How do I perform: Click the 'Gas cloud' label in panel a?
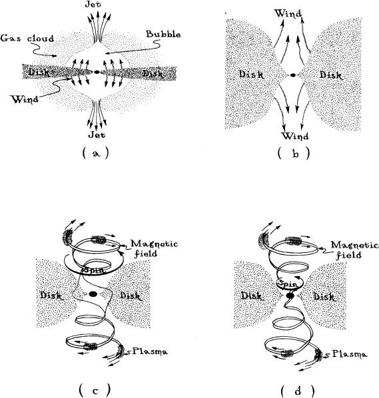pyautogui.click(x=27, y=38)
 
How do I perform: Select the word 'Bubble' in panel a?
pyautogui.click(x=163, y=34)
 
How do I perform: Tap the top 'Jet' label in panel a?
pyautogui.click(x=93, y=4)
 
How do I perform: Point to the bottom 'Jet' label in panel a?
pyautogui.click(x=97, y=134)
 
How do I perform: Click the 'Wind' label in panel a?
pyautogui.click(x=25, y=99)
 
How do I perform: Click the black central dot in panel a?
pyautogui.click(x=97, y=72)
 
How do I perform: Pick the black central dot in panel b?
pyautogui.click(x=293, y=75)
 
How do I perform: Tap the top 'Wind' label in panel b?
pyautogui.click(x=288, y=13)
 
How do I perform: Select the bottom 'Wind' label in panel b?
pyautogui.click(x=295, y=136)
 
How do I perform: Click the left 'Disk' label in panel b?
pyautogui.click(x=251, y=75)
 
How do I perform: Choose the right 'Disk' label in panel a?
pyautogui.click(x=153, y=74)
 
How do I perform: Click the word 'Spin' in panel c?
pyautogui.click(x=93, y=270)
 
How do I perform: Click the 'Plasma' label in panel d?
pyautogui.click(x=350, y=354)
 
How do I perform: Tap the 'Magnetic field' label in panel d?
pyautogui.click(x=354, y=250)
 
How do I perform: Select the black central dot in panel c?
pyautogui.click(x=93, y=294)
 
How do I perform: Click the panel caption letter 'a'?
pyautogui.click(x=95, y=154)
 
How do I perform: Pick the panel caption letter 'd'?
pyautogui.click(x=298, y=391)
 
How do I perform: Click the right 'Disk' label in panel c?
pyautogui.click(x=130, y=296)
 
